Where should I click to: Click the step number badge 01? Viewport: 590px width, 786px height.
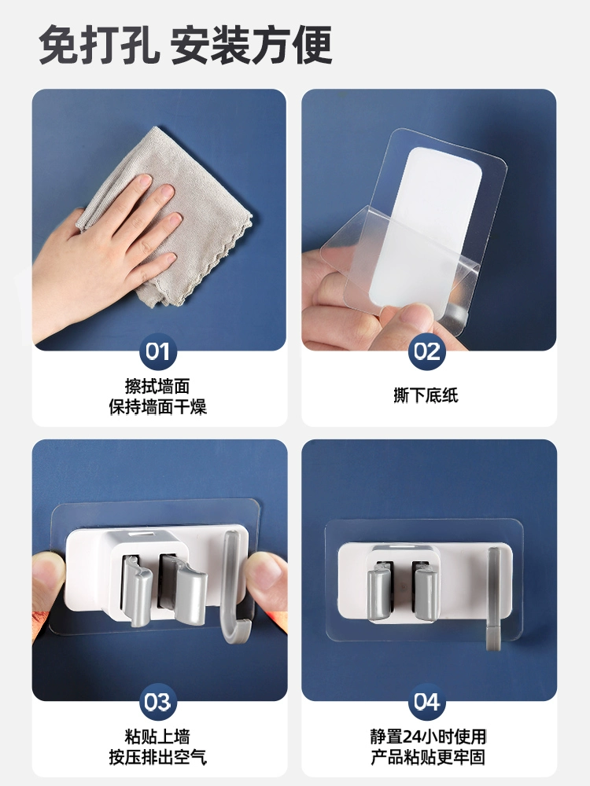(158, 351)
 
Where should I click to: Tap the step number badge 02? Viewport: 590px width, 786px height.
(427, 351)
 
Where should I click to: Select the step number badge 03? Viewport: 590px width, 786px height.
(158, 702)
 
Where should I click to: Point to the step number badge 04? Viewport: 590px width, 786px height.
(427, 702)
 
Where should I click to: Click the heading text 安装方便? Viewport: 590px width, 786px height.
(251, 45)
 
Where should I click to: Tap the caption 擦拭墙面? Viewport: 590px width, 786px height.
(157, 387)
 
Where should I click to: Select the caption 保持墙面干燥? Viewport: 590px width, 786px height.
(157, 406)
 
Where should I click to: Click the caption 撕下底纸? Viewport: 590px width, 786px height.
(426, 395)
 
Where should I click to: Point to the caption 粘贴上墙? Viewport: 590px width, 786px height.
(157, 737)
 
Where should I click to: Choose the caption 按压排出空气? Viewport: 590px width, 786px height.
(157, 757)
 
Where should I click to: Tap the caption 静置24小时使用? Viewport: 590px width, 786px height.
(428, 737)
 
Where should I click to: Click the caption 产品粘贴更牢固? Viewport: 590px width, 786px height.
(428, 757)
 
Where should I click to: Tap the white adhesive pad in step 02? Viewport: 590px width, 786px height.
(426, 226)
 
